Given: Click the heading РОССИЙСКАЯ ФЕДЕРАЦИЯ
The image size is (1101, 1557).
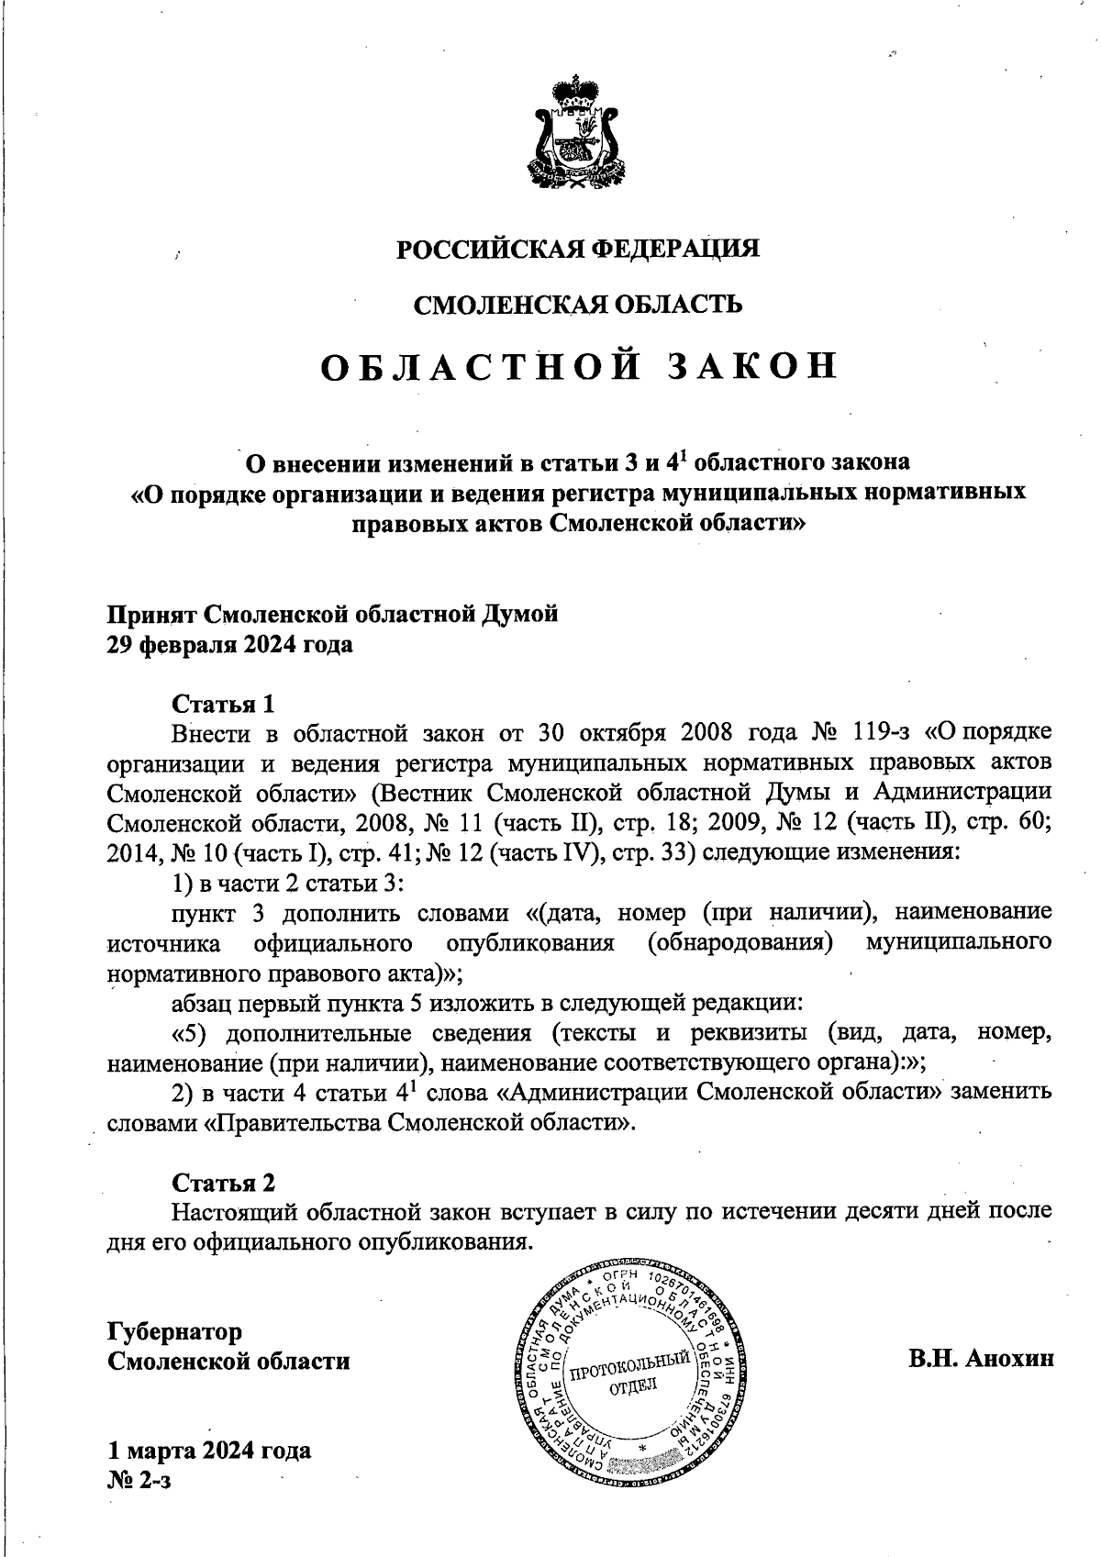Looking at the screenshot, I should click(577, 249).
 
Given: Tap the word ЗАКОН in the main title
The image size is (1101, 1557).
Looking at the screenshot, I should click(750, 366).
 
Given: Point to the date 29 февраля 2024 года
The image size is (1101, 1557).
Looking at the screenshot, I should click(230, 645).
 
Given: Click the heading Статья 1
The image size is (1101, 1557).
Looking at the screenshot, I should click(224, 704).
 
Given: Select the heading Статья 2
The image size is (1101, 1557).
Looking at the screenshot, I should click(224, 1182).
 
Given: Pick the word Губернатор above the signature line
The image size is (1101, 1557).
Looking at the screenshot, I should click(175, 1330).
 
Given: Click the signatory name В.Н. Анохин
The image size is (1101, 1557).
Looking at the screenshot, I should click(981, 1359).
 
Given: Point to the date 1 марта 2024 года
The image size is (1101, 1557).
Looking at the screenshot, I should click(209, 1450).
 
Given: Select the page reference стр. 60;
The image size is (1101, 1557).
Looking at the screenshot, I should click(1018, 821).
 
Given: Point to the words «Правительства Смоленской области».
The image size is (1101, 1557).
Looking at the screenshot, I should click(417, 1122).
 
